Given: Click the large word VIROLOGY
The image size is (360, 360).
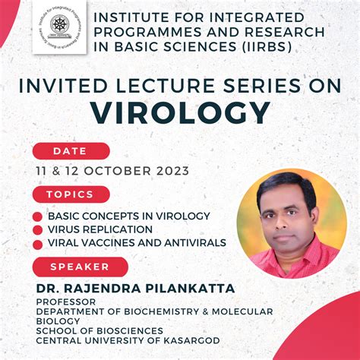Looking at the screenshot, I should coord(181,112).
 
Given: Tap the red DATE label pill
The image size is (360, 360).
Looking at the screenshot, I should coord(71,151).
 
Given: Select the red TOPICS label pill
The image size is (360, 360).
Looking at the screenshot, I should coord(71,194).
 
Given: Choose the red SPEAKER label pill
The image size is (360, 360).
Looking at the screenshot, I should coord(80,267).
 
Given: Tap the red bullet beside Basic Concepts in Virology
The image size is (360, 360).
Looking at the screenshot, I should coord(37,216).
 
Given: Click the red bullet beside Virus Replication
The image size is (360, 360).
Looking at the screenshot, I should coord(37,229).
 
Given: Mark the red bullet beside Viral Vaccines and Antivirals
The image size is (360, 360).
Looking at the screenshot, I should coord(37,243).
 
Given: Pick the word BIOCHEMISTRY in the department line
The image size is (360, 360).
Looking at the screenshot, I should coord(148,311).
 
